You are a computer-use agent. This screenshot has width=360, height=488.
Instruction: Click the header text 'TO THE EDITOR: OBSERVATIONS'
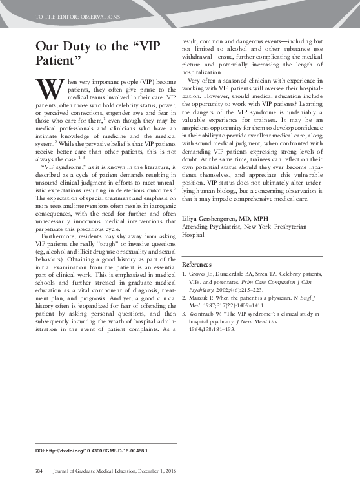68,15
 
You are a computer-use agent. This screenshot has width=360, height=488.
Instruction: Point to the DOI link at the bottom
91,450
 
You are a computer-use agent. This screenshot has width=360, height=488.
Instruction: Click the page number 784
37,473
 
